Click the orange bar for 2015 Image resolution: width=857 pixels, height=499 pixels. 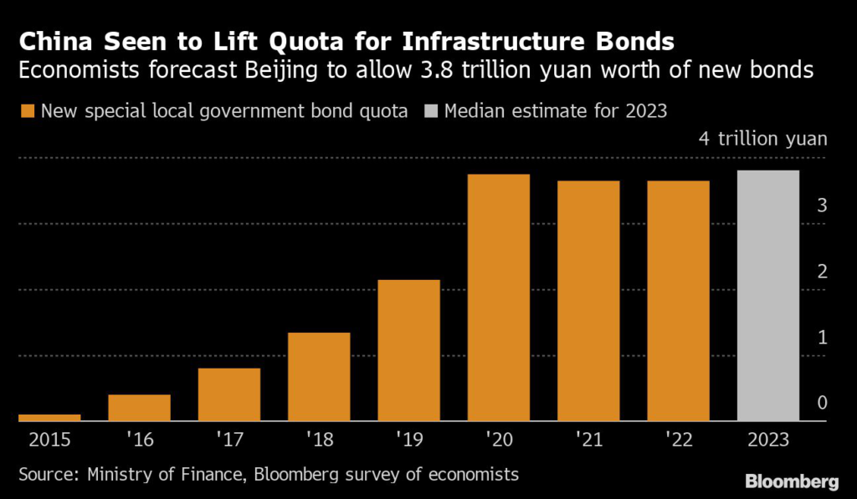49,417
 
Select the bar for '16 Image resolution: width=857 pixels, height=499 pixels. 140,408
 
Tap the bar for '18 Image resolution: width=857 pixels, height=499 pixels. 319,377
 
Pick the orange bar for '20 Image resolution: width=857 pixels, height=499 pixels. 499,298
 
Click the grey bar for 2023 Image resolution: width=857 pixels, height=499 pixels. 768,296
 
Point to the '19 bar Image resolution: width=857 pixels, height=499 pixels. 409,350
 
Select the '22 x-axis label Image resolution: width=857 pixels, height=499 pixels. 678,438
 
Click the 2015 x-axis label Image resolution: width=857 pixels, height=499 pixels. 49,438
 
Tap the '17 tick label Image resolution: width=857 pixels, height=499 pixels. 229,438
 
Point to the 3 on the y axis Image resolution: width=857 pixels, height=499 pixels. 822,206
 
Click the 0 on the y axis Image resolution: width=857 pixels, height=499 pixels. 822,404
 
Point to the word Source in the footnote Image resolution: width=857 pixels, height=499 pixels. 48,475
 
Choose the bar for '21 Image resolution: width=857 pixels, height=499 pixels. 588,301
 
